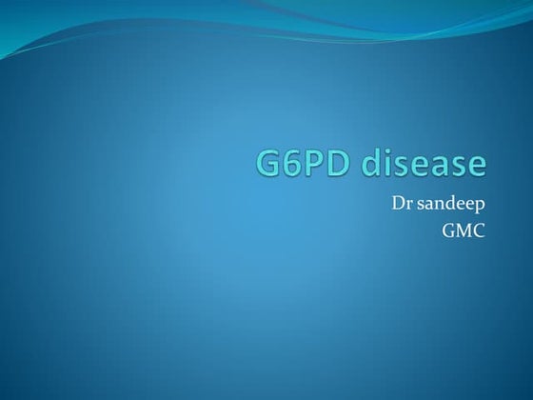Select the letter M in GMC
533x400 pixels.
pyautogui.click(x=464, y=230)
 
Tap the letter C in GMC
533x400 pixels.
pyautogui.click(x=480, y=230)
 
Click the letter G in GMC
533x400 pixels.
pyautogui.click(x=448, y=230)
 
